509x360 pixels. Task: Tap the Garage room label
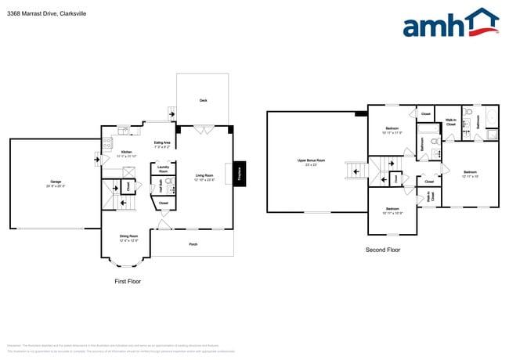pyautogui.click(x=45, y=182)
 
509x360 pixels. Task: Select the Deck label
pyautogui.click(x=203, y=100)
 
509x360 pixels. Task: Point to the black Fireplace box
pyautogui.click(x=240, y=175)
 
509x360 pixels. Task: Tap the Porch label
pyautogui.click(x=193, y=244)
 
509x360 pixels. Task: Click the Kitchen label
pyautogui.click(x=126, y=152)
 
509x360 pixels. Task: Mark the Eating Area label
pyautogui.click(x=162, y=142)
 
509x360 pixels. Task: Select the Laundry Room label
pyautogui.click(x=163, y=168)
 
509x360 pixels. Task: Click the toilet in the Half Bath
pyautogui.click(x=168, y=181)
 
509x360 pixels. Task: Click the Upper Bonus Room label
pyautogui.click(x=311, y=161)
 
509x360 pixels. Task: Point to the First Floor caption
pyautogui.click(x=127, y=280)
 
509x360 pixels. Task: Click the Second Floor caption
pyautogui.click(x=383, y=250)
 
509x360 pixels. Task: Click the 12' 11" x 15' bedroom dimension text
pyautogui.click(x=470, y=176)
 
